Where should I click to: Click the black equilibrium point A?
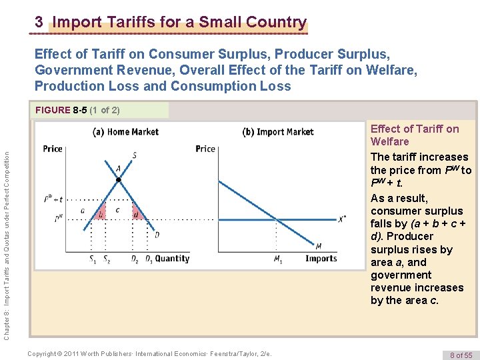118,180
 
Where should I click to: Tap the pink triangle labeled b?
101,213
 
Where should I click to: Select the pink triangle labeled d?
135,214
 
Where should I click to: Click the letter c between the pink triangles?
118,210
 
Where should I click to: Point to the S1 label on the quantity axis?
91,259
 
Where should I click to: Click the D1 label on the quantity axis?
149,259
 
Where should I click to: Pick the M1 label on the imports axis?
277,260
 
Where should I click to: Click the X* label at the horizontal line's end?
343,219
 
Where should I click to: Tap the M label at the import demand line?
318,246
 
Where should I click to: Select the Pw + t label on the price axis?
53,199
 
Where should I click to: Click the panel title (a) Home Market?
125,132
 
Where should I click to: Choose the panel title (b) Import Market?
277,132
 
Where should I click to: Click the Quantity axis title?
173,259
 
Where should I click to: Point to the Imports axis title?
321,259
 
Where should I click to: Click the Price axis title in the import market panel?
205,149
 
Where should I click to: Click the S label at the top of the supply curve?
134,156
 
